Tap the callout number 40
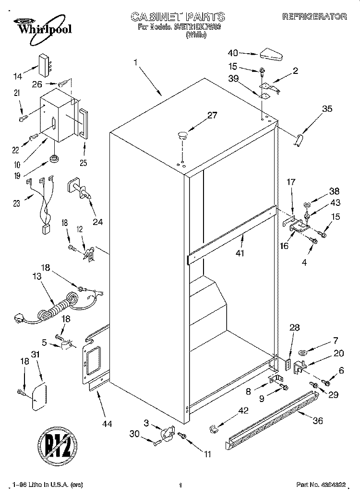pyautogui.click(x=233, y=53)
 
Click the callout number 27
pyautogui.click(x=212, y=115)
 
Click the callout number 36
pyautogui.click(x=317, y=421)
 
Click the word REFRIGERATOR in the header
pyautogui.click(x=314, y=17)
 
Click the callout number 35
pyautogui.click(x=326, y=109)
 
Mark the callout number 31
pyautogui.click(x=35, y=355)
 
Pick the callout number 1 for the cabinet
pyautogui.click(x=136, y=62)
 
